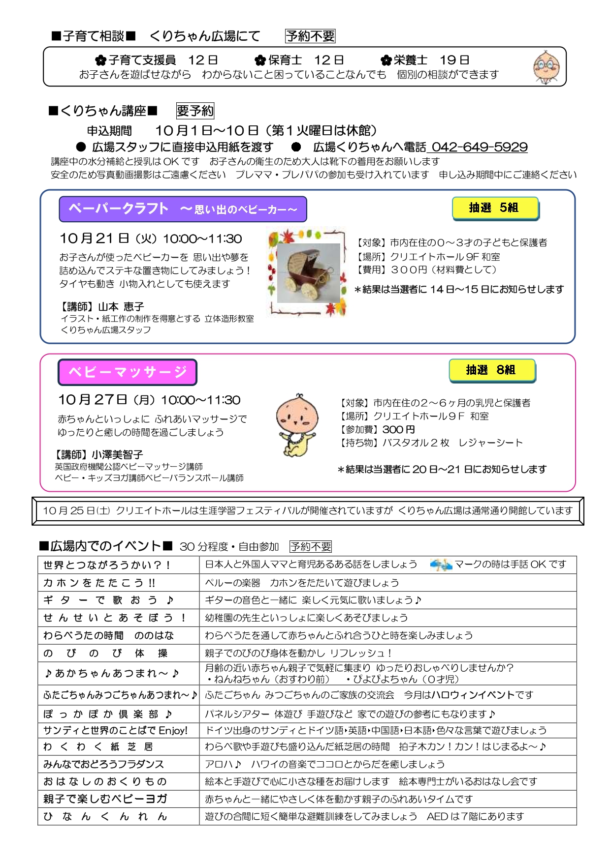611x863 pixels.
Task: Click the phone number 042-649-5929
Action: click(479, 147)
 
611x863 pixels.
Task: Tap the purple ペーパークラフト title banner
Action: click(183, 209)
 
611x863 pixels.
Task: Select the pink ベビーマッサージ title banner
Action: click(128, 372)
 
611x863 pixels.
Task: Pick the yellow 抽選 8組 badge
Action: click(491, 370)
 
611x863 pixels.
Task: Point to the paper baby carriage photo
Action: click(309, 273)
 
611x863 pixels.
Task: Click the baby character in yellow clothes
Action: click(295, 424)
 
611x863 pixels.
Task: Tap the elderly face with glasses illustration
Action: click(547, 66)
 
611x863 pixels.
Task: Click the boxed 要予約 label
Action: click(195, 111)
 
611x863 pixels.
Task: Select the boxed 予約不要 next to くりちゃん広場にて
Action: click(310, 36)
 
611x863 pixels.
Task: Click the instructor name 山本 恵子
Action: click(121, 306)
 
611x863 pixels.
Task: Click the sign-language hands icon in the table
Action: click(441, 565)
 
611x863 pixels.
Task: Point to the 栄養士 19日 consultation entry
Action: click(425, 60)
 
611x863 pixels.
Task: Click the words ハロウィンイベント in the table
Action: click(473, 695)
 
